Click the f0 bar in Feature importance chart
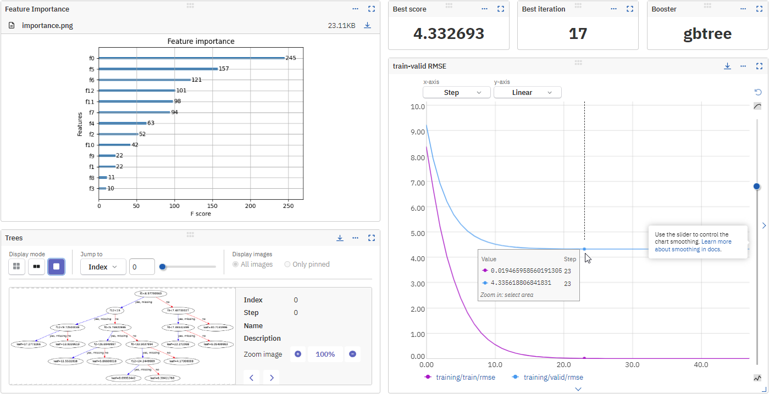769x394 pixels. tap(191, 58)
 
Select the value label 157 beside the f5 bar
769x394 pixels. tap(224, 69)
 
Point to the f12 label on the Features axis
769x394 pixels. tap(90, 91)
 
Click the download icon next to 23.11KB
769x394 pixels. tap(367, 25)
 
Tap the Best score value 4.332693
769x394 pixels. tap(449, 33)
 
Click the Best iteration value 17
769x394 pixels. tap(578, 33)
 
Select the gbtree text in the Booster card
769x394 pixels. tap(707, 33)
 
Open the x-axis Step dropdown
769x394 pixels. tap(456, 93)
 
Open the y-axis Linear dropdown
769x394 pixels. tap(527, 93)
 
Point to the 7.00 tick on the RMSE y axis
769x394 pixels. tap(418, 183)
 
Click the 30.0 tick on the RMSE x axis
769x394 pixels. tap(633, 364)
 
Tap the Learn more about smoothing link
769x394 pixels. tap(693, 245)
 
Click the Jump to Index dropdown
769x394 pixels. tap(103, 267)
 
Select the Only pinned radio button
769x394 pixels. tap(287, 264)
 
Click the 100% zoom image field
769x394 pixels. tap(325, 354)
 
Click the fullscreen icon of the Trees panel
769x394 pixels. tap(371, 238)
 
